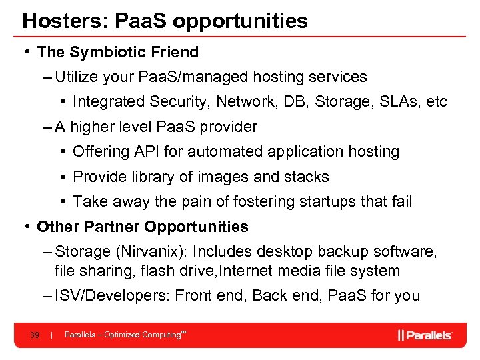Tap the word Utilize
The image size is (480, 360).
click(78, 77)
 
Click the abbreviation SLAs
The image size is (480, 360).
click(393, 101)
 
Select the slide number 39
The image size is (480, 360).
click(34, 335)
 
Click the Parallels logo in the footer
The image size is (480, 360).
click(425, 335)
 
